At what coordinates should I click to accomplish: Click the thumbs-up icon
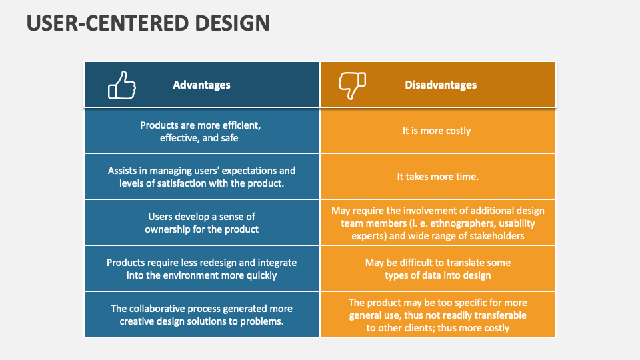click(122, 85)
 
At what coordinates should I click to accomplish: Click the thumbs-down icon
click(352, 85)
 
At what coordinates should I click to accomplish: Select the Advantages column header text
click(201, 85)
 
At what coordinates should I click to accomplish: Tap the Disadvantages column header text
click(441, 85)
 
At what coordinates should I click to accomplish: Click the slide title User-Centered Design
click(148, 23)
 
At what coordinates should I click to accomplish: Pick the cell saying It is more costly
click(437, 131)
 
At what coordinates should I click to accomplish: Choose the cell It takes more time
click(437, 177)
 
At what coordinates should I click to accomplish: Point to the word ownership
click(169, 229)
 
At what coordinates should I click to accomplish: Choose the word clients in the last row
click(415, 328)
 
